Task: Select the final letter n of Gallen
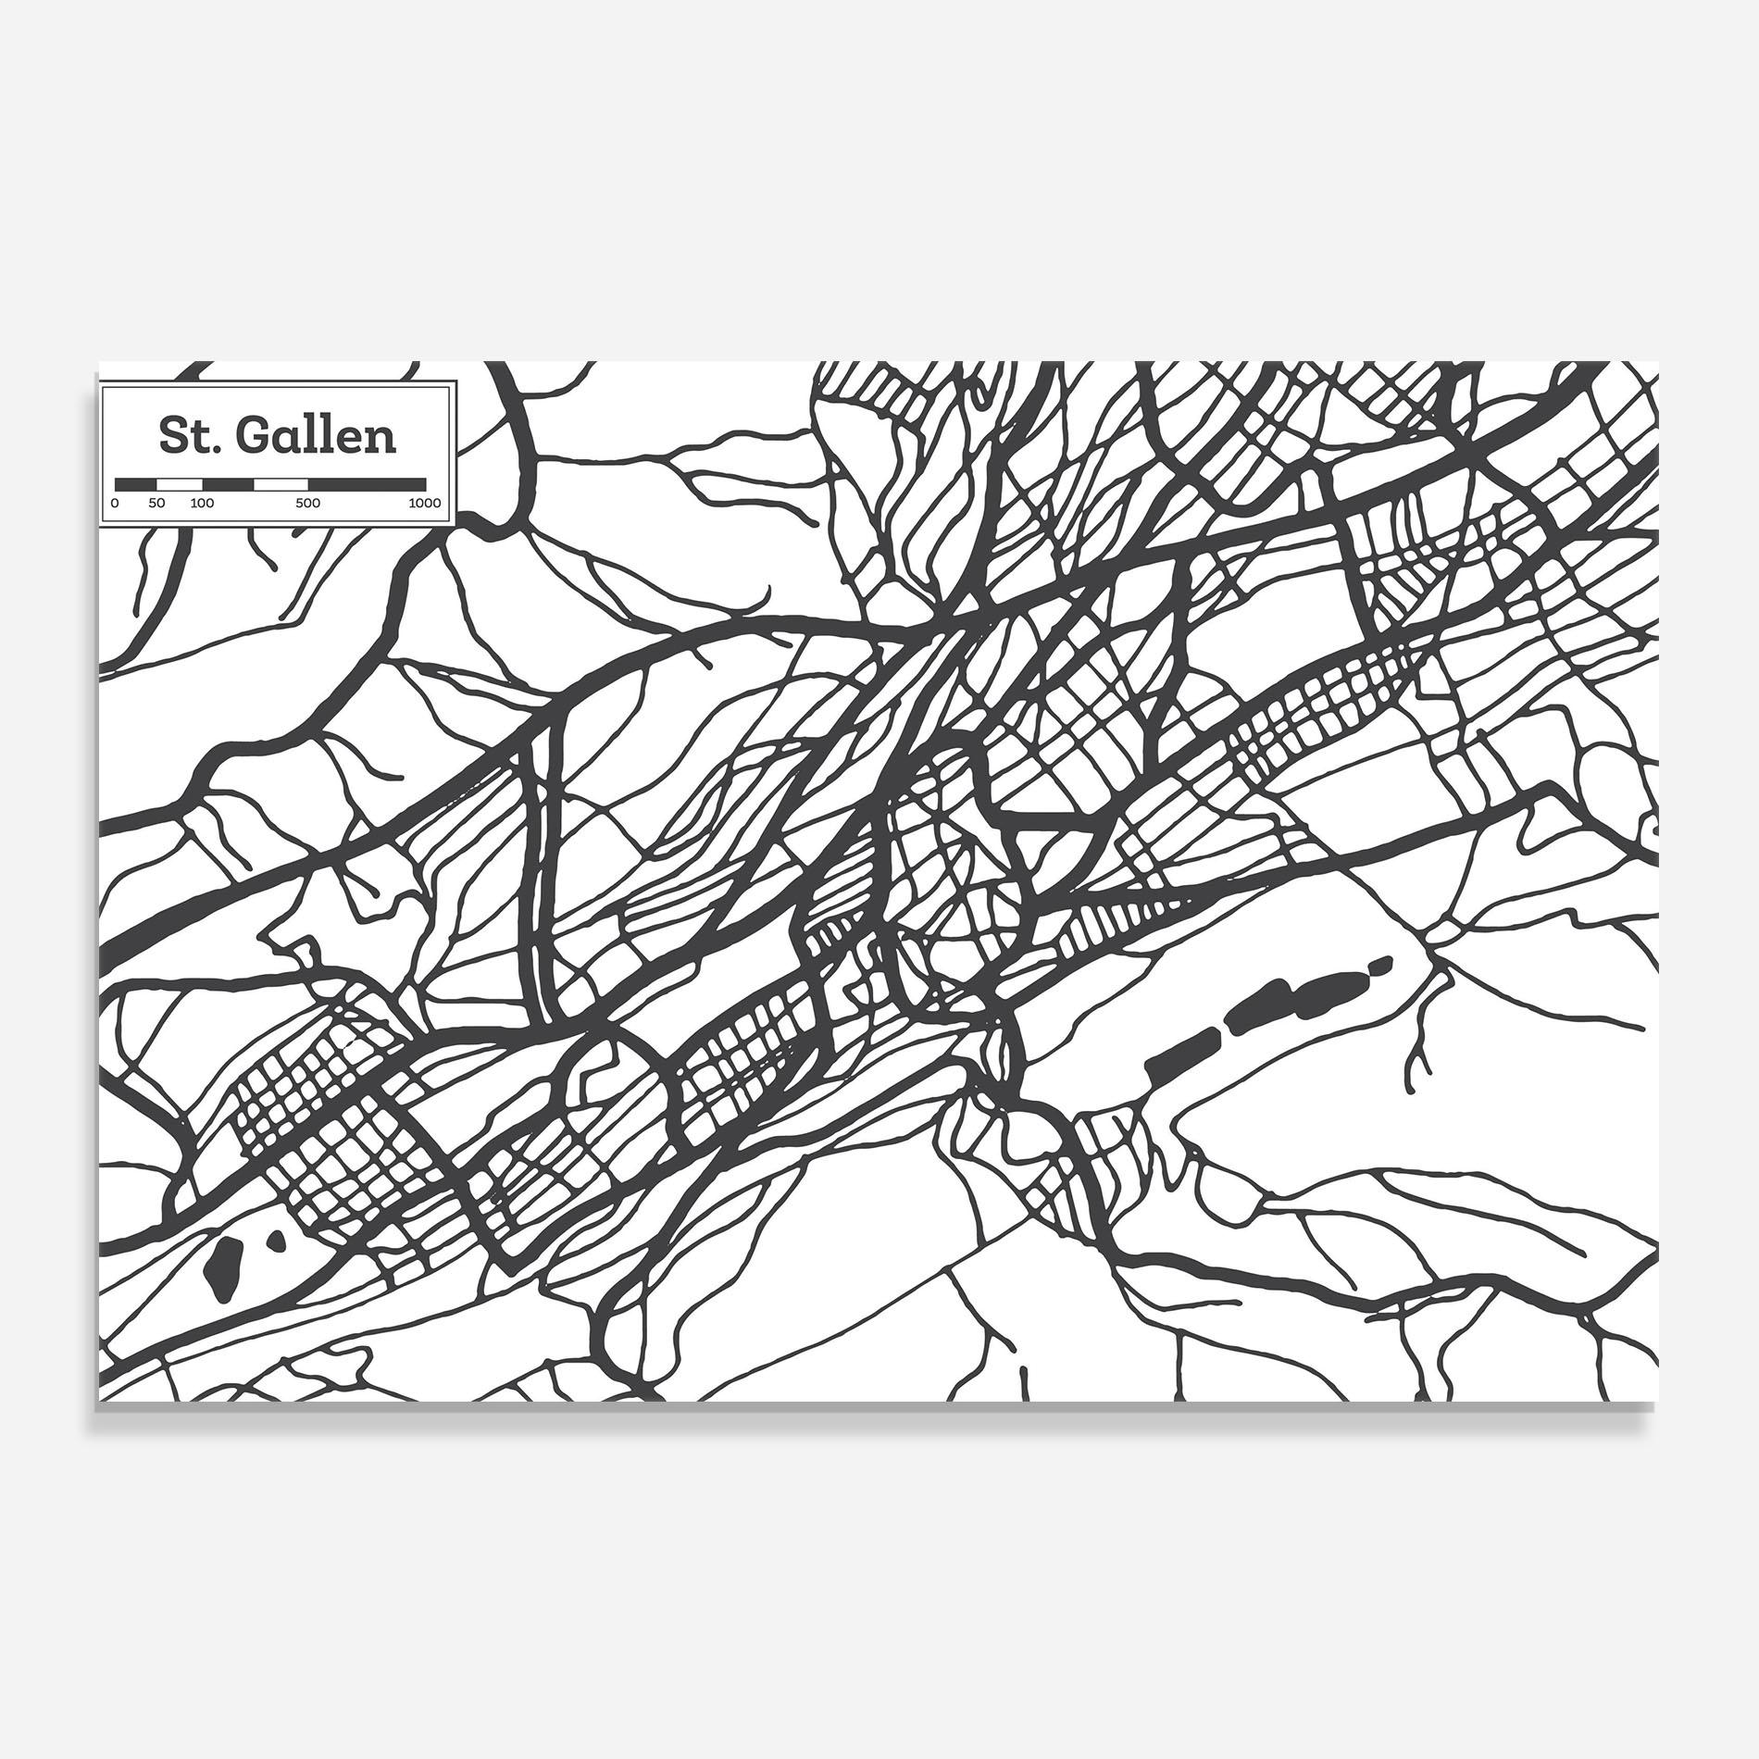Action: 382,439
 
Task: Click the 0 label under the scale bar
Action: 115,504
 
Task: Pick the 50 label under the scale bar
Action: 157,504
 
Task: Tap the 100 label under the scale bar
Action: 202,504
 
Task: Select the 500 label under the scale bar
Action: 308,504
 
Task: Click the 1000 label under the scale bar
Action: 426,504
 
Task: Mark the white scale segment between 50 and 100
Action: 180,483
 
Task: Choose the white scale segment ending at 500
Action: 281,483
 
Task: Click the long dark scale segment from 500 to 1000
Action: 368,483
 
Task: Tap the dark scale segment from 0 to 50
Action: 136,483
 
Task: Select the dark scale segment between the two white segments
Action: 229,483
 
